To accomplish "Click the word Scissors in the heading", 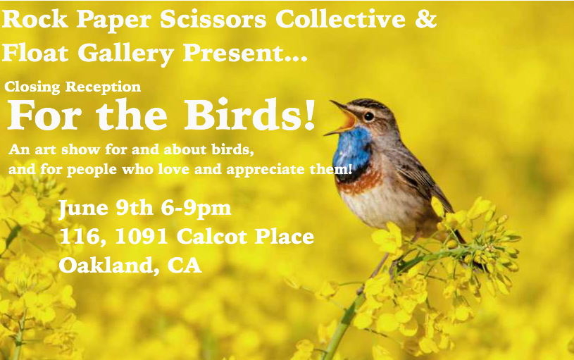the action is (213, 19).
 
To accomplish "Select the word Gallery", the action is (125, 54).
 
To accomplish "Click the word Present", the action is (234, 53).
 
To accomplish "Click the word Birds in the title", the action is (243, 114).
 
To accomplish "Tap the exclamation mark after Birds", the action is (309, 114).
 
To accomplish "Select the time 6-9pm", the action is (196, 209).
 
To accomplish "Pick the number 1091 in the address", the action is (141, 237).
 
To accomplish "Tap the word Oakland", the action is (106, 265).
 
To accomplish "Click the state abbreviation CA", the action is (185, 265).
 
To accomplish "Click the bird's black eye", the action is (368, 116).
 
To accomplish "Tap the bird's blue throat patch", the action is (352, 150).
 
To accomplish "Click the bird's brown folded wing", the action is (421, 176).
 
